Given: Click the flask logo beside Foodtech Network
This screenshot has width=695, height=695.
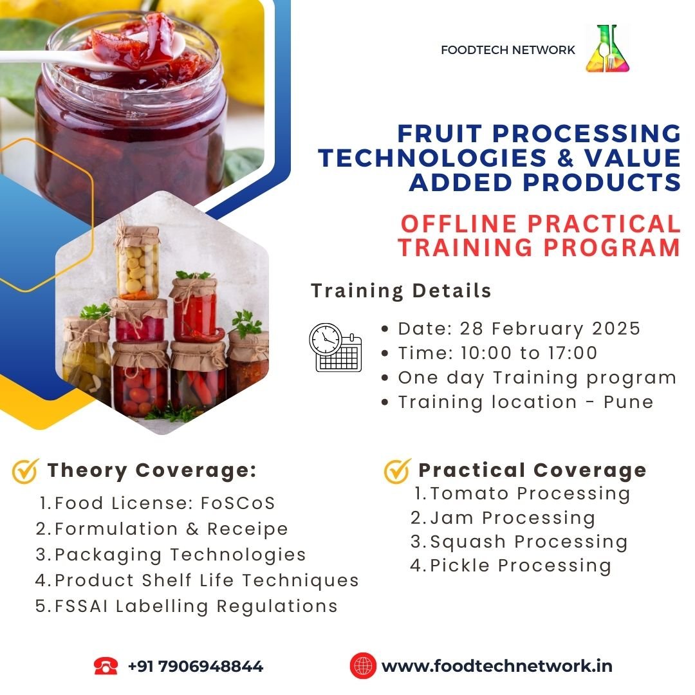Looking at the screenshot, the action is click(x=607, y=49).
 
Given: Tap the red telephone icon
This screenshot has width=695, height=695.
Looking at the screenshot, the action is click(x=106, y=666).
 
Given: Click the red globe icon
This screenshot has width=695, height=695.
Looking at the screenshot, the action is click(x=363, y=666).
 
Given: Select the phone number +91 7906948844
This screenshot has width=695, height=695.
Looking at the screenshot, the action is click(x=196, y=666).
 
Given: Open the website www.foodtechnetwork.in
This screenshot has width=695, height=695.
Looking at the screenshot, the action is click(x=497, y=666).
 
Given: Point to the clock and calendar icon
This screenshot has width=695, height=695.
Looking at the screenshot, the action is click(x=335, y=347).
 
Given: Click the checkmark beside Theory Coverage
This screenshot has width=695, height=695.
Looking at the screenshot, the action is click(x=25, y=470).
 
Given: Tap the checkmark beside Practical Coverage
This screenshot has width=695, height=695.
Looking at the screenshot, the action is click(x=398, y=470).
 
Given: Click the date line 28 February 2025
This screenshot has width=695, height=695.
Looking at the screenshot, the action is click(x=519, y=329).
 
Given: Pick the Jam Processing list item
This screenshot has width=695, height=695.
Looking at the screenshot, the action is click(x=503, y=518).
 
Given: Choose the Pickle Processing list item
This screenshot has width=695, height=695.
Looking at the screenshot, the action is click(x=510, y=566).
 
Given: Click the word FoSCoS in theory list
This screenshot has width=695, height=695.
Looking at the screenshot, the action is click(x=238, y=503).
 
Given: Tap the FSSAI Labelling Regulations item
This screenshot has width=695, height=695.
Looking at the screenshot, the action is click(x=187, y=606).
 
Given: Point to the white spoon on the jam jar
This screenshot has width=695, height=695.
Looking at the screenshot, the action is click(x=89, y=55).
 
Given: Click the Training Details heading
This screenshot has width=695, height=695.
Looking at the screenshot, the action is click(x=401, y=291).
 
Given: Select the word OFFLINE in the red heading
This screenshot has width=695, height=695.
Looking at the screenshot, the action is click(x=459, y=224).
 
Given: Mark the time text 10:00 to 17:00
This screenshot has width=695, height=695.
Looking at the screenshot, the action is click(x=529, y=353).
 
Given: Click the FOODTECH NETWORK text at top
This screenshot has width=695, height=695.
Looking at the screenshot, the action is click(x=508, y=50).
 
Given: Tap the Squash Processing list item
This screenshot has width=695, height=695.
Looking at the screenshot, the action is click(x=519, y=542).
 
